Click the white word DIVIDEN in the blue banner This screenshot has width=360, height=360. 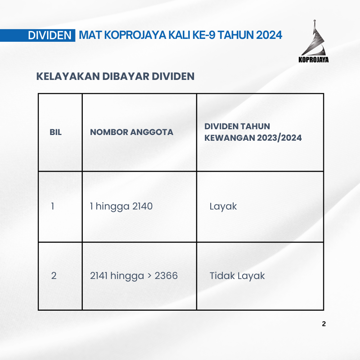coord(50,35)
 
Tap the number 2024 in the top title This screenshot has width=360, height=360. coord(269,35)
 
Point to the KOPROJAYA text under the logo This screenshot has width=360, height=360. coord(314,60)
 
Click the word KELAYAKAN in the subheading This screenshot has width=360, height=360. coord(68,76)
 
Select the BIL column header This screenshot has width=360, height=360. coord(55,132)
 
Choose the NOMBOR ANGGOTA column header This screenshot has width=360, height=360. coord(131,132)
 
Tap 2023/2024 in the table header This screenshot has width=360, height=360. coord(279,138)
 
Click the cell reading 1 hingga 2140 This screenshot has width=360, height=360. coord(121,206)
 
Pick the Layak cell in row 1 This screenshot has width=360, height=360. coord(223,206)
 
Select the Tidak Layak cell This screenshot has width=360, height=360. coord(237,276)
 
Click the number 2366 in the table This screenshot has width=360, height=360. coord(166,275)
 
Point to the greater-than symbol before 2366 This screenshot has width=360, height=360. coord(149,276)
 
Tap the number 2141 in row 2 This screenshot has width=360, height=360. coord(99,275)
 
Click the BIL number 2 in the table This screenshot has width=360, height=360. coord(54,275)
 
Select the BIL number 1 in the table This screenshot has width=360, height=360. coord(53,206)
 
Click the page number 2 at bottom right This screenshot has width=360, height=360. coord(324,324)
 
